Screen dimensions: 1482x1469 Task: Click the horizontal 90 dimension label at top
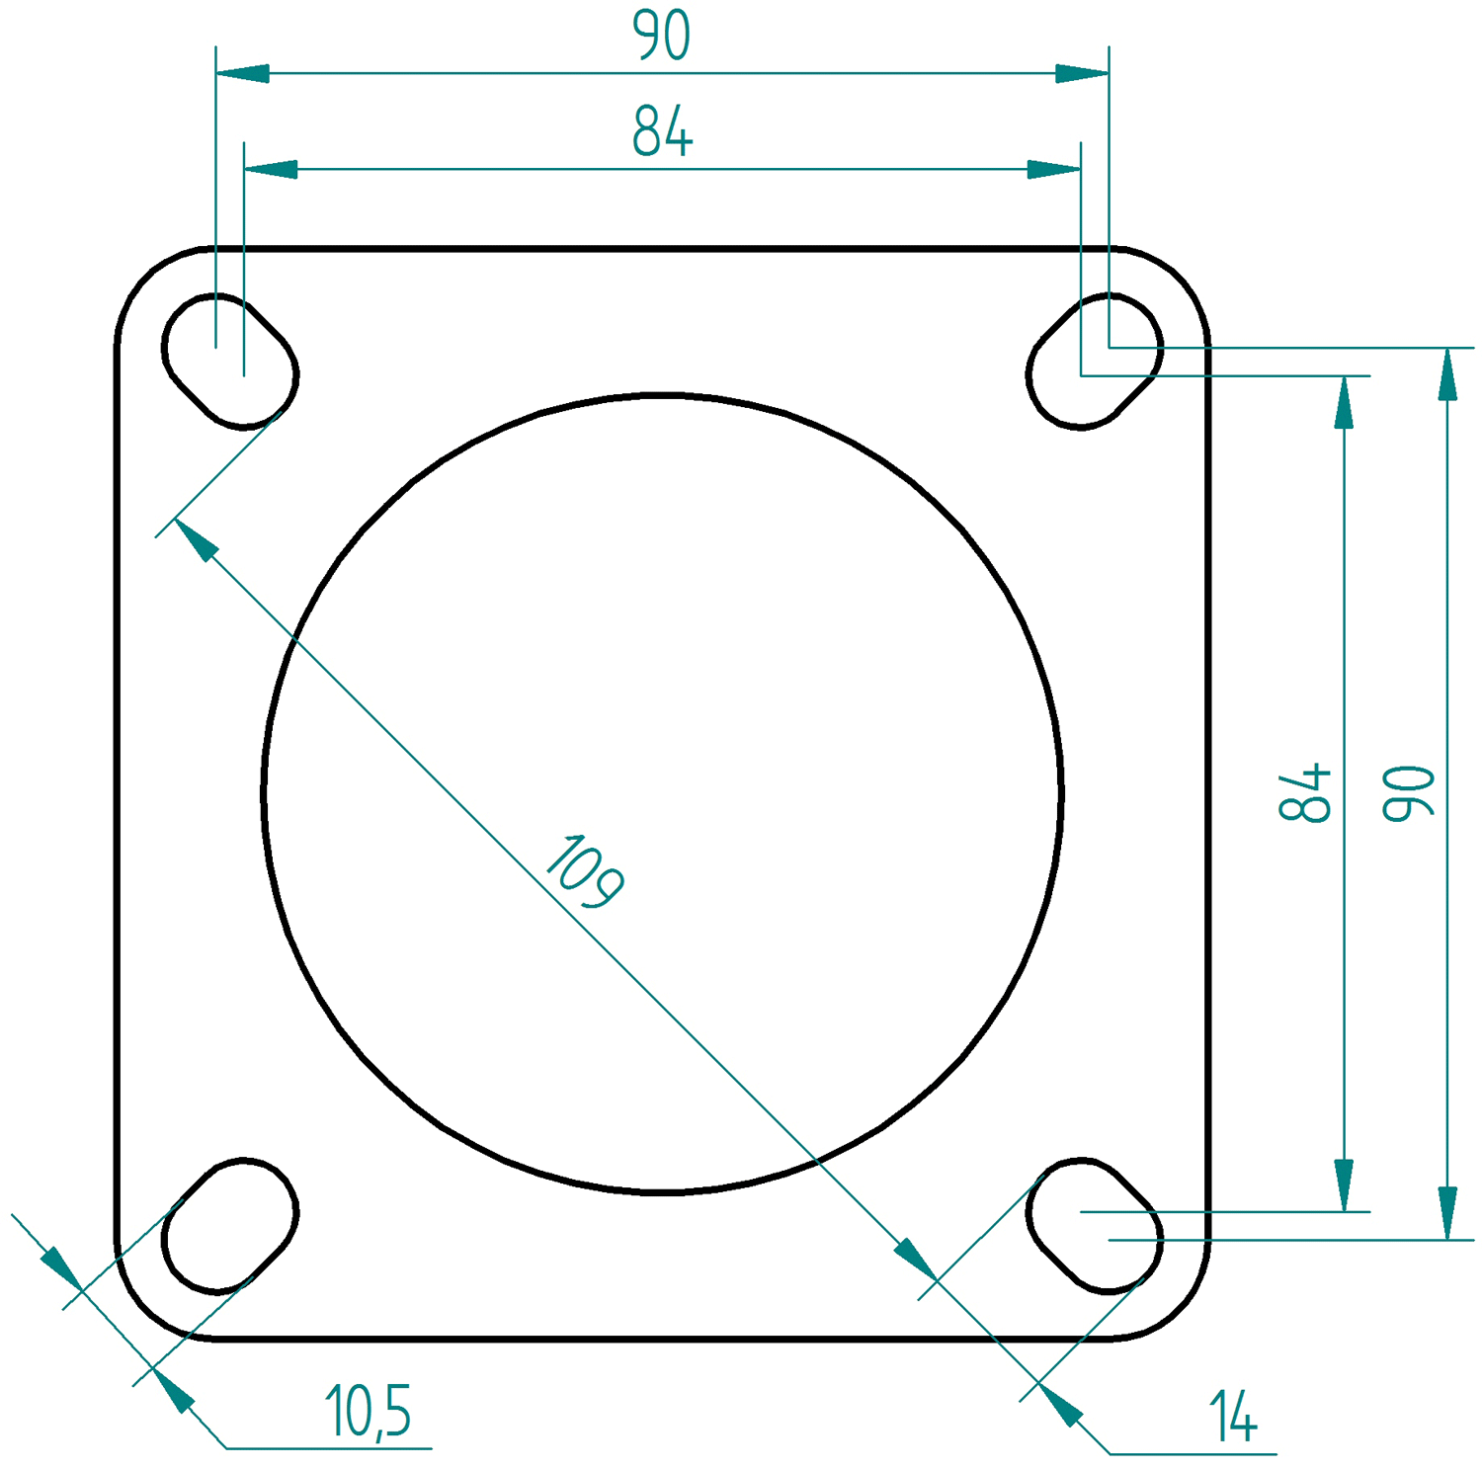tap(661, 36)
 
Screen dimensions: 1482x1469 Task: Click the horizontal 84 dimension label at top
tap(662, 131)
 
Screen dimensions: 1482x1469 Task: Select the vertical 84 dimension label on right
tap(1305, 792)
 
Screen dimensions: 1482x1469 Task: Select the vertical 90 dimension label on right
tap(1408, 793)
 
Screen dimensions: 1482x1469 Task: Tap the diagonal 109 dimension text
tap(584, 871)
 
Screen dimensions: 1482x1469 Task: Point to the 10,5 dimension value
tap(368, 1411)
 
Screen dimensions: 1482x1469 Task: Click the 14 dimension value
tap(1232, 1417)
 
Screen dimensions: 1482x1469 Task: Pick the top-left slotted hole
tap(229, 362)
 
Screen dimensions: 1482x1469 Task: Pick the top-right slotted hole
tap(1095, 362)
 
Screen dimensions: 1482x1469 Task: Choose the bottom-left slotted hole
tap(229, 1226)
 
